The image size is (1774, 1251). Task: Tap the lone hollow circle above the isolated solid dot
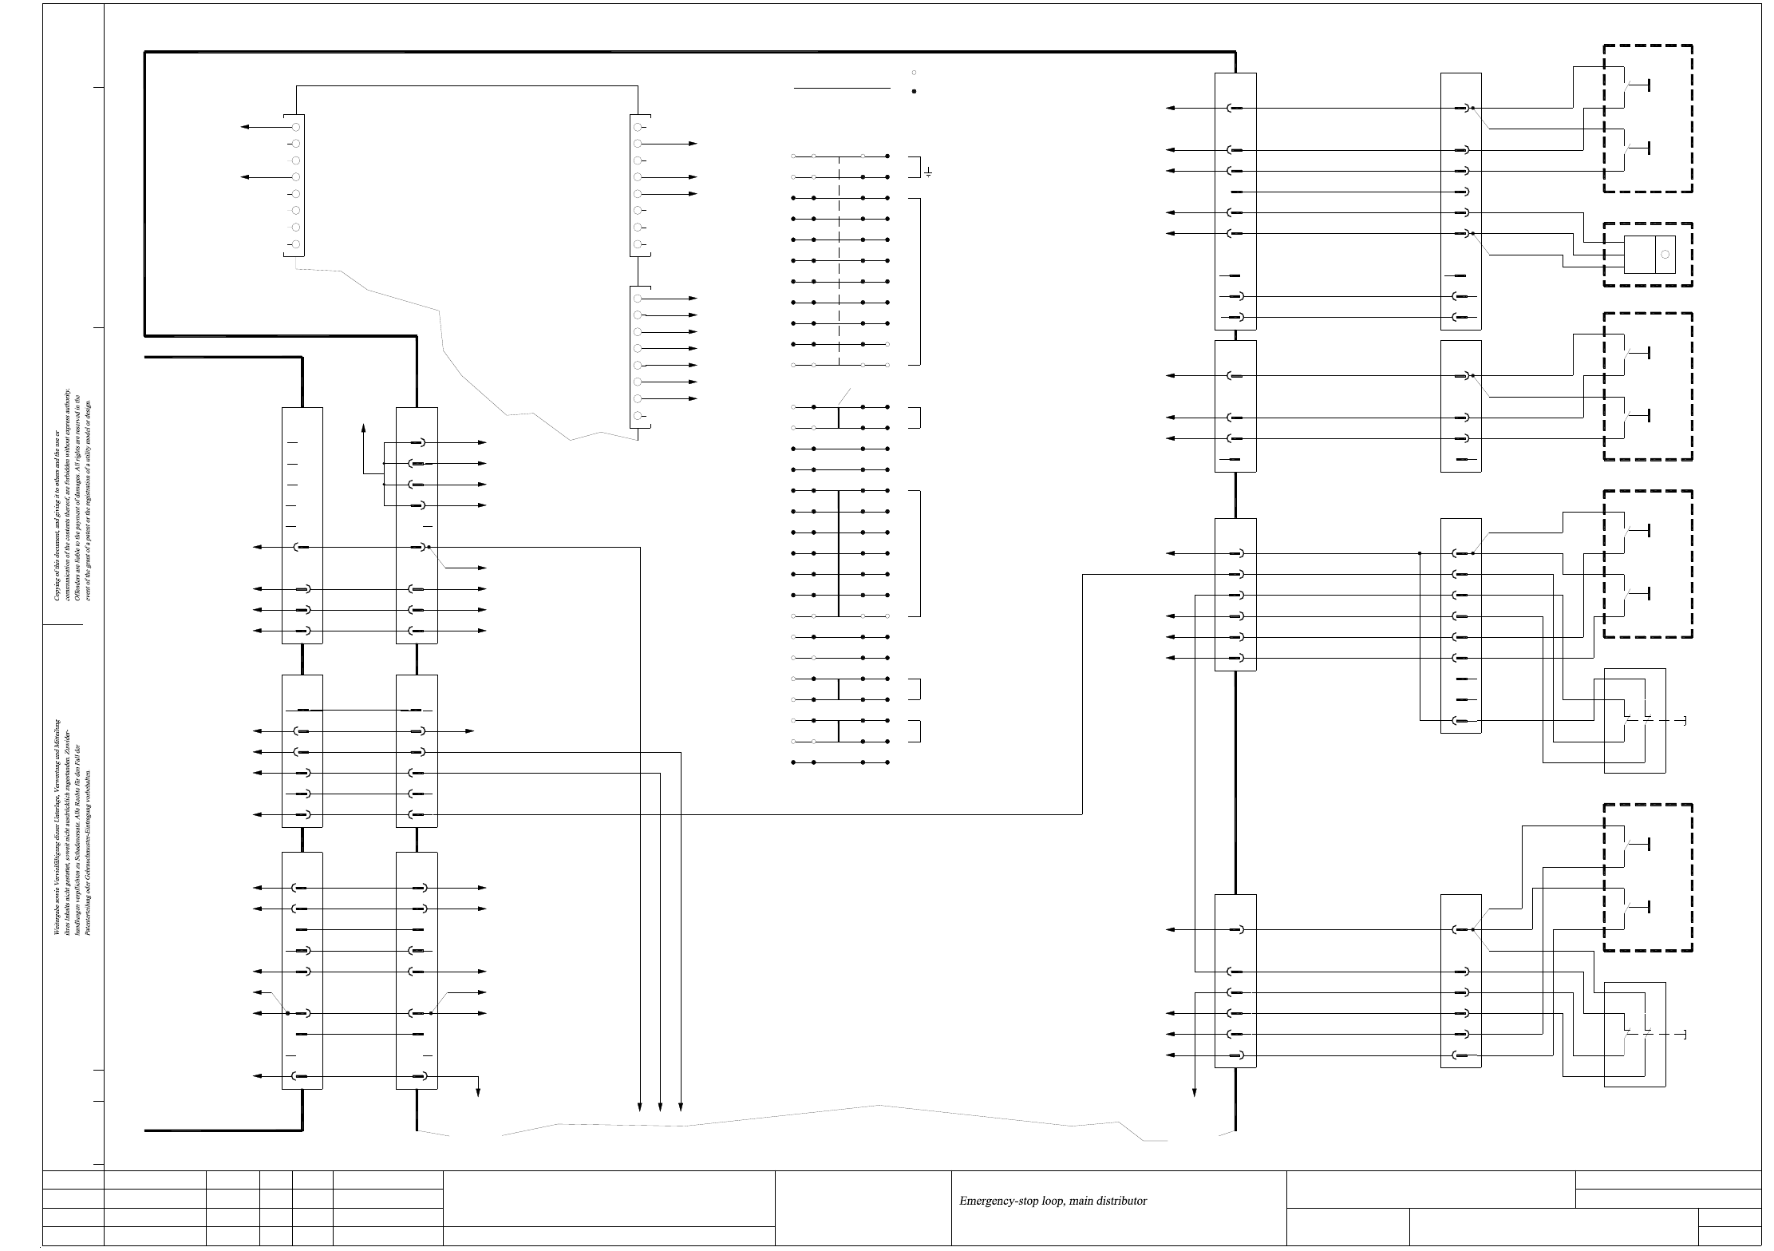coord(914,73)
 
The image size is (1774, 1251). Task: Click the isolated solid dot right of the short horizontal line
coord(914,91)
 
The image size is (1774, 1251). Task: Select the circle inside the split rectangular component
coord(1665,255)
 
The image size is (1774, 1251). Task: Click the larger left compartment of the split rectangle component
coord(1639,255)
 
